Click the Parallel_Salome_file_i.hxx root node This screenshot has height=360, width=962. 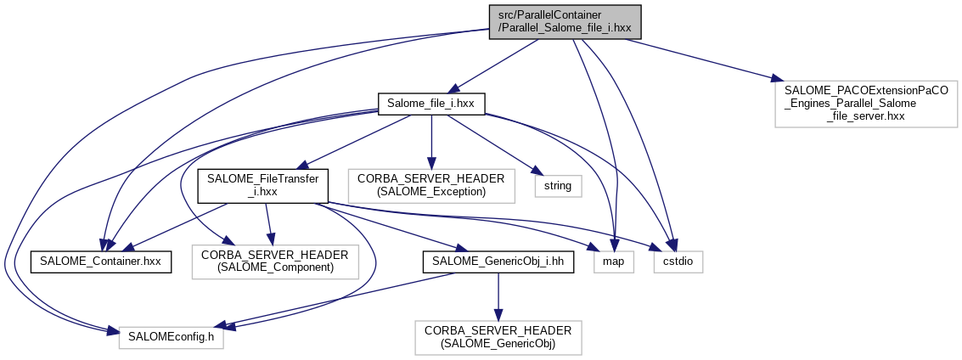(565, 21)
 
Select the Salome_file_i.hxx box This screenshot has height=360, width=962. (431, 103)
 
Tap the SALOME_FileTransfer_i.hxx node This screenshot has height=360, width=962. (262, 185)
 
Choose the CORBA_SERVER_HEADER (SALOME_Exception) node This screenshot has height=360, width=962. (432, 185)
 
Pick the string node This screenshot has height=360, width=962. (558, 185)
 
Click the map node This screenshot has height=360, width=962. (613, 262)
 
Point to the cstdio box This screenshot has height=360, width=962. (678, 262)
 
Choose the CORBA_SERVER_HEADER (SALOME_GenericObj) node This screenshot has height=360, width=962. (498, 338)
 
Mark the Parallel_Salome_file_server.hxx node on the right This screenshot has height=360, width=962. (866, 104)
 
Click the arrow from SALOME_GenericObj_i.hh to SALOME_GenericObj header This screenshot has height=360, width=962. (498, 297)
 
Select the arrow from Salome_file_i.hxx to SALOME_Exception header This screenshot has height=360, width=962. (432, 140)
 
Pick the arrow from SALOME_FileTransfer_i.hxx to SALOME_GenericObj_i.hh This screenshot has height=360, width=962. (382, 225)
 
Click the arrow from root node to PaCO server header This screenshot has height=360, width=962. (705, 59)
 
